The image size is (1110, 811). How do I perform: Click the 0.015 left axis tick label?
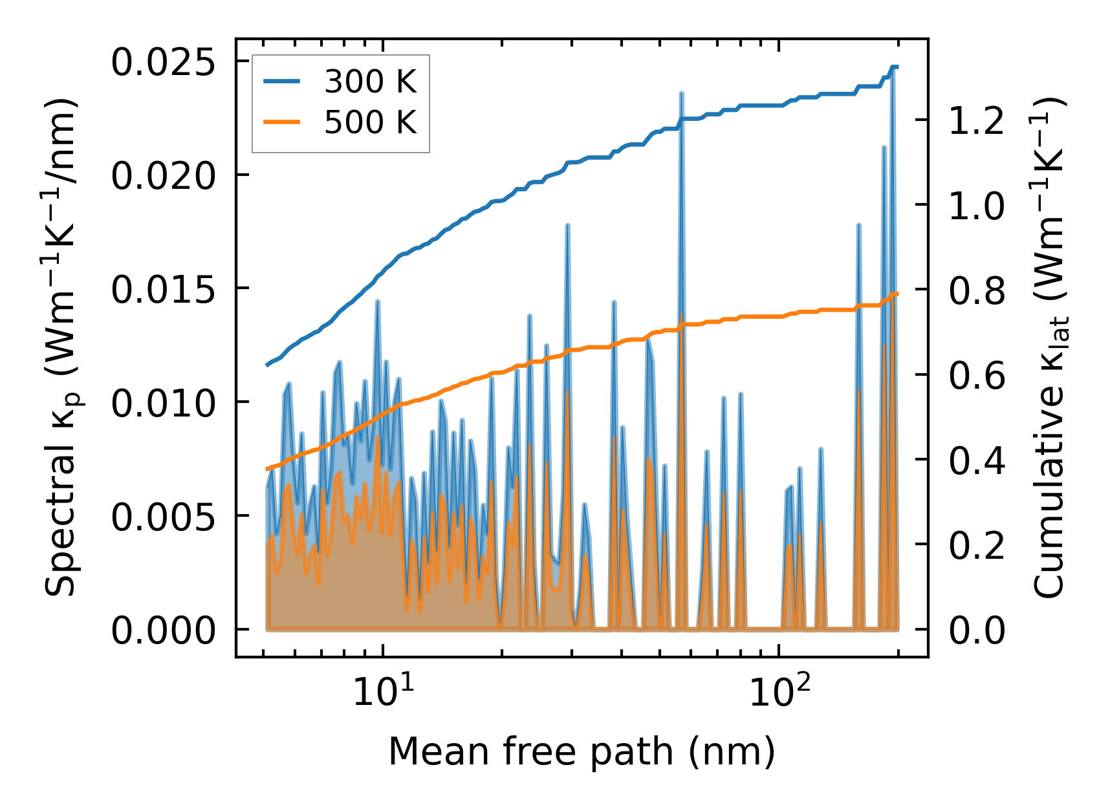[162, 290]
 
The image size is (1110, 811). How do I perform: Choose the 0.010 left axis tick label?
[162, 404]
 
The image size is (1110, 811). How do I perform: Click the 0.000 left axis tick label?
[162, 631]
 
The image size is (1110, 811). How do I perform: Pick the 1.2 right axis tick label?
[977, 121]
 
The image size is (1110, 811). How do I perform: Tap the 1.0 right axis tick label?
[977, 206]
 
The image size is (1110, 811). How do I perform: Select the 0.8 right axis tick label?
[977, 291]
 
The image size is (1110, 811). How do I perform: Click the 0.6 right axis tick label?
[977, 376]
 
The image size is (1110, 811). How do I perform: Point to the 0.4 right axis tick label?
[977, 460]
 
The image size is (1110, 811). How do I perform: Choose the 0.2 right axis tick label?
[977, 545]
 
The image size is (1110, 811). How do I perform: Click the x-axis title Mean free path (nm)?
[581, 752]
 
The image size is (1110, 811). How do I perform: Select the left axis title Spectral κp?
[63, 347]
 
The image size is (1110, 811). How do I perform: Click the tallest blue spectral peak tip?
[893, 67]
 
